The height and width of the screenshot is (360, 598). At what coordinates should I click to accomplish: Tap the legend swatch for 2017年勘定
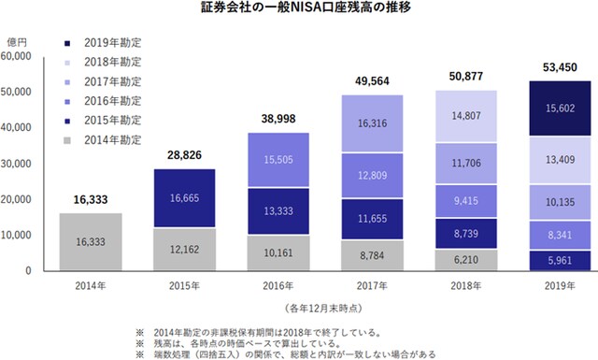click(x=69, y=81)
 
